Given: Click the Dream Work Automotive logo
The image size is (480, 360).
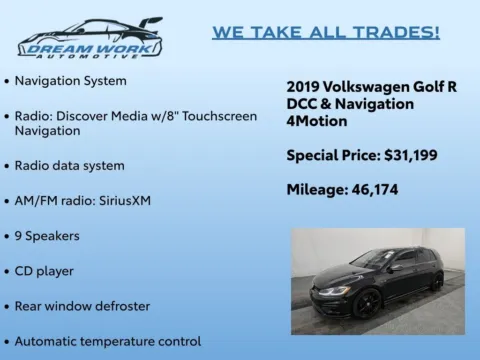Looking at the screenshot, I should pos(90,38).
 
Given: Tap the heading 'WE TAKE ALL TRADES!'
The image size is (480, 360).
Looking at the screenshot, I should pos(325,32).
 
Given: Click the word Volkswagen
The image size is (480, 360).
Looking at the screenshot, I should pos(370,87).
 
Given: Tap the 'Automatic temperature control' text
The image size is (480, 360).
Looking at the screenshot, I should pos(108,341).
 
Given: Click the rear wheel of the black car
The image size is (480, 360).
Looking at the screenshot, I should pos(436,281).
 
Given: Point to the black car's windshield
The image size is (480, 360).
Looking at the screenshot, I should pos(372,261).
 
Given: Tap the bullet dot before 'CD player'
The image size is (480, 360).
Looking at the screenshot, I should pos(8,271).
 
